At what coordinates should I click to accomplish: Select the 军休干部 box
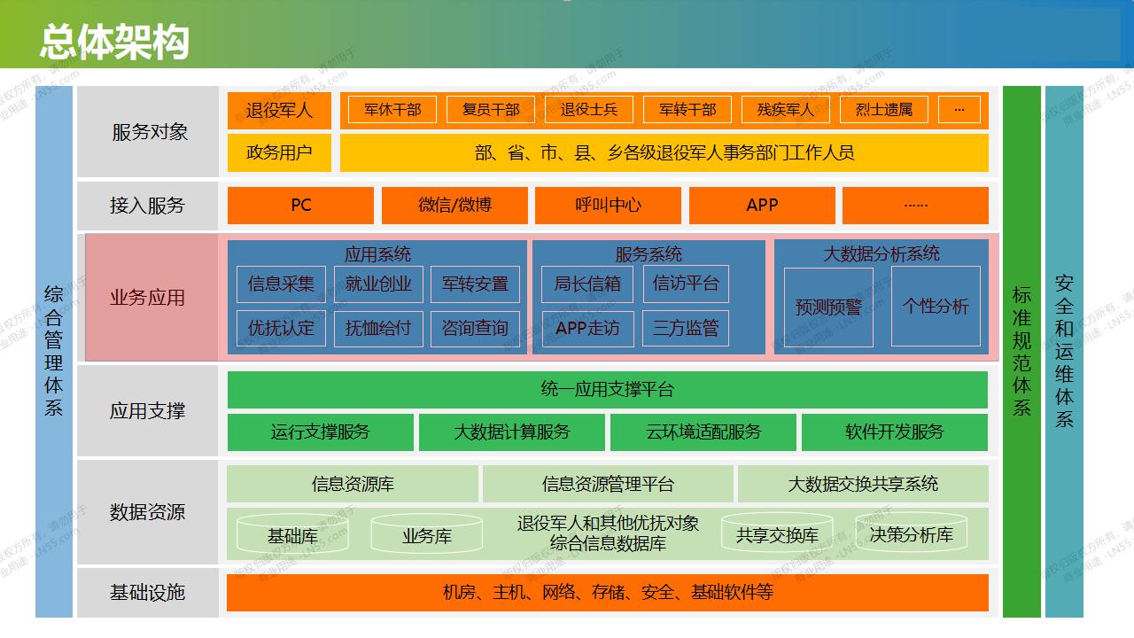[x=392, y=110]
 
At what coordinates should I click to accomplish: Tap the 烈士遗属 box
[x=883, y=110]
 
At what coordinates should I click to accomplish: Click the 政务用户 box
[x=279, y=152]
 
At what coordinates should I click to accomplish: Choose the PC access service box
[x=301, y=206]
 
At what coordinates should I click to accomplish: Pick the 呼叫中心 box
[x=608, y=206]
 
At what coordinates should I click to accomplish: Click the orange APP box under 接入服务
[x=762, y=206]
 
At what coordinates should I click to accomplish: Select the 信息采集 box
[x=281, y=284]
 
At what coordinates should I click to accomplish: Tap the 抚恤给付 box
[x=378, y=329]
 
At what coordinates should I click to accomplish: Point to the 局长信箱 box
[x=587, y=284]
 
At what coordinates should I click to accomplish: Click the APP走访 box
[x=587, y=329]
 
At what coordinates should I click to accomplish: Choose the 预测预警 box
[x=828, y=307]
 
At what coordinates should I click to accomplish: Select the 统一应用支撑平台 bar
[x=607, y=390]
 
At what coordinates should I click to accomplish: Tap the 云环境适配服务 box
[x=703, y=432]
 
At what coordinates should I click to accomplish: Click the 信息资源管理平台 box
[x=608, y=484]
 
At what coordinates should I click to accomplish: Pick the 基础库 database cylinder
[x=292, y=534]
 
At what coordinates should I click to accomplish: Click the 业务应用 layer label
[x=148, y=298]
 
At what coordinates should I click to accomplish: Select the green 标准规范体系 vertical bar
[x=1021, y=351]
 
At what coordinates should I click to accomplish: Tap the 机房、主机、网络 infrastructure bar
[x=607, y=593]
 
